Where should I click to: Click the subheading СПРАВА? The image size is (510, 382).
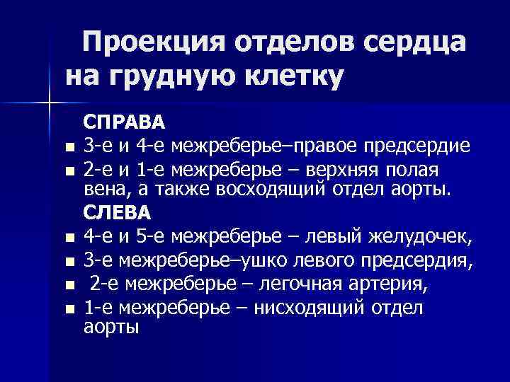pyautogui.click(x=125, y=122)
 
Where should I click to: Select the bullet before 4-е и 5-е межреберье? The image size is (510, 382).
pyautogui.click(x=68, y=238)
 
